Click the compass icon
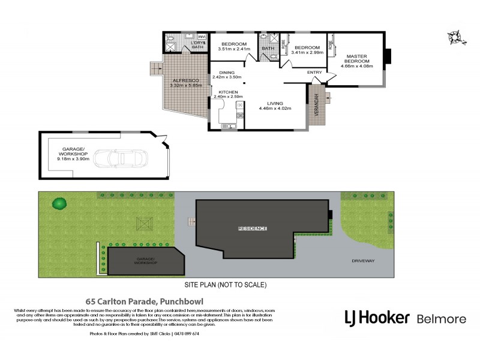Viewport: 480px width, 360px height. (456, 37)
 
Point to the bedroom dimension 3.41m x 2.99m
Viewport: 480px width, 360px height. (307, 52)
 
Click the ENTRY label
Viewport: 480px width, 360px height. (314, 73)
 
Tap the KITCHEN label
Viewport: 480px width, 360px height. (228, 91)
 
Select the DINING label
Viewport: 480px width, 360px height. (226, 72)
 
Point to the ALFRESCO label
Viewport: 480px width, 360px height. (182, 80)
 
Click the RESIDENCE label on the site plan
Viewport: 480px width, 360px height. (253, 229)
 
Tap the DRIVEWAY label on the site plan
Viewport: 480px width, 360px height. (363, 261)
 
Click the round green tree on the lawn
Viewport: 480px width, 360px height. (59, 203)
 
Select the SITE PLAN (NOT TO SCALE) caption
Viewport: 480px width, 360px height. (226, 284)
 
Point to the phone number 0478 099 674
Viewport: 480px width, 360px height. (186, 334)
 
